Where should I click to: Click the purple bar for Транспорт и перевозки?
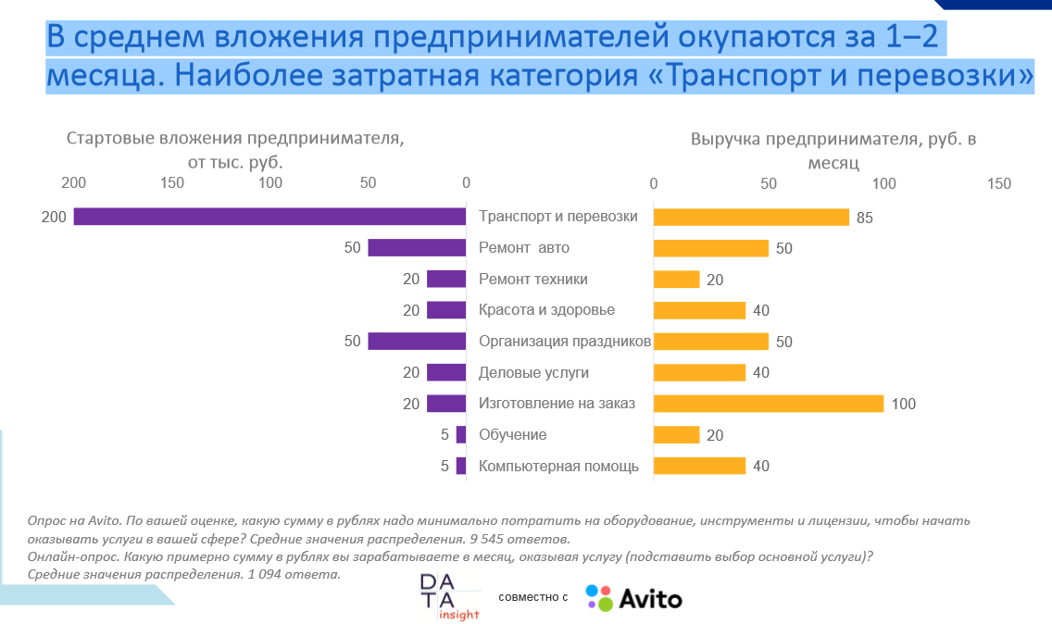pyautogui.click(x=269, y=217)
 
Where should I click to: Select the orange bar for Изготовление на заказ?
pyautogui.click(x=769, y=404)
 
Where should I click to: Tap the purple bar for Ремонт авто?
pyautogui.click(x=416, y=248)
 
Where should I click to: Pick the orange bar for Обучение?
pyautogui.click(x=676, y=435)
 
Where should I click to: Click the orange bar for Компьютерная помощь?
pyautogui.click(x=699, y=466)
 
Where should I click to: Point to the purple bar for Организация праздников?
pyautogui.click(x=416, y=341)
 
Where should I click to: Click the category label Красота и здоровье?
pyautogui.click(x=546, y=310)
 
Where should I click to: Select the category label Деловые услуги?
pyautogui.click(x=533, y=372)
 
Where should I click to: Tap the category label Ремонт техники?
pyautogui.click(x=532, y=279)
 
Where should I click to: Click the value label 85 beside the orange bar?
pyautogui.click(x=865, y=218)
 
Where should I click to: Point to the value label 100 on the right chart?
pyautogui.click(x=903, y=404)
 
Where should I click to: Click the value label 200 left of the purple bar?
pyautogui.click(x=54, y=217)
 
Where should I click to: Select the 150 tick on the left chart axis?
pyautogui.click(x=171, y=182)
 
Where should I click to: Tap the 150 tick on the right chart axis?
pyautogui.click(x=999, y=183)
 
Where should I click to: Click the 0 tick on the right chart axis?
pyautogui.click(x=654, y=183)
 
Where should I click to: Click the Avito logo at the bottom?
pyautogui.click(x=634, y=598)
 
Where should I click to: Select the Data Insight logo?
pyautogui.click(x=449, y=597)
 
